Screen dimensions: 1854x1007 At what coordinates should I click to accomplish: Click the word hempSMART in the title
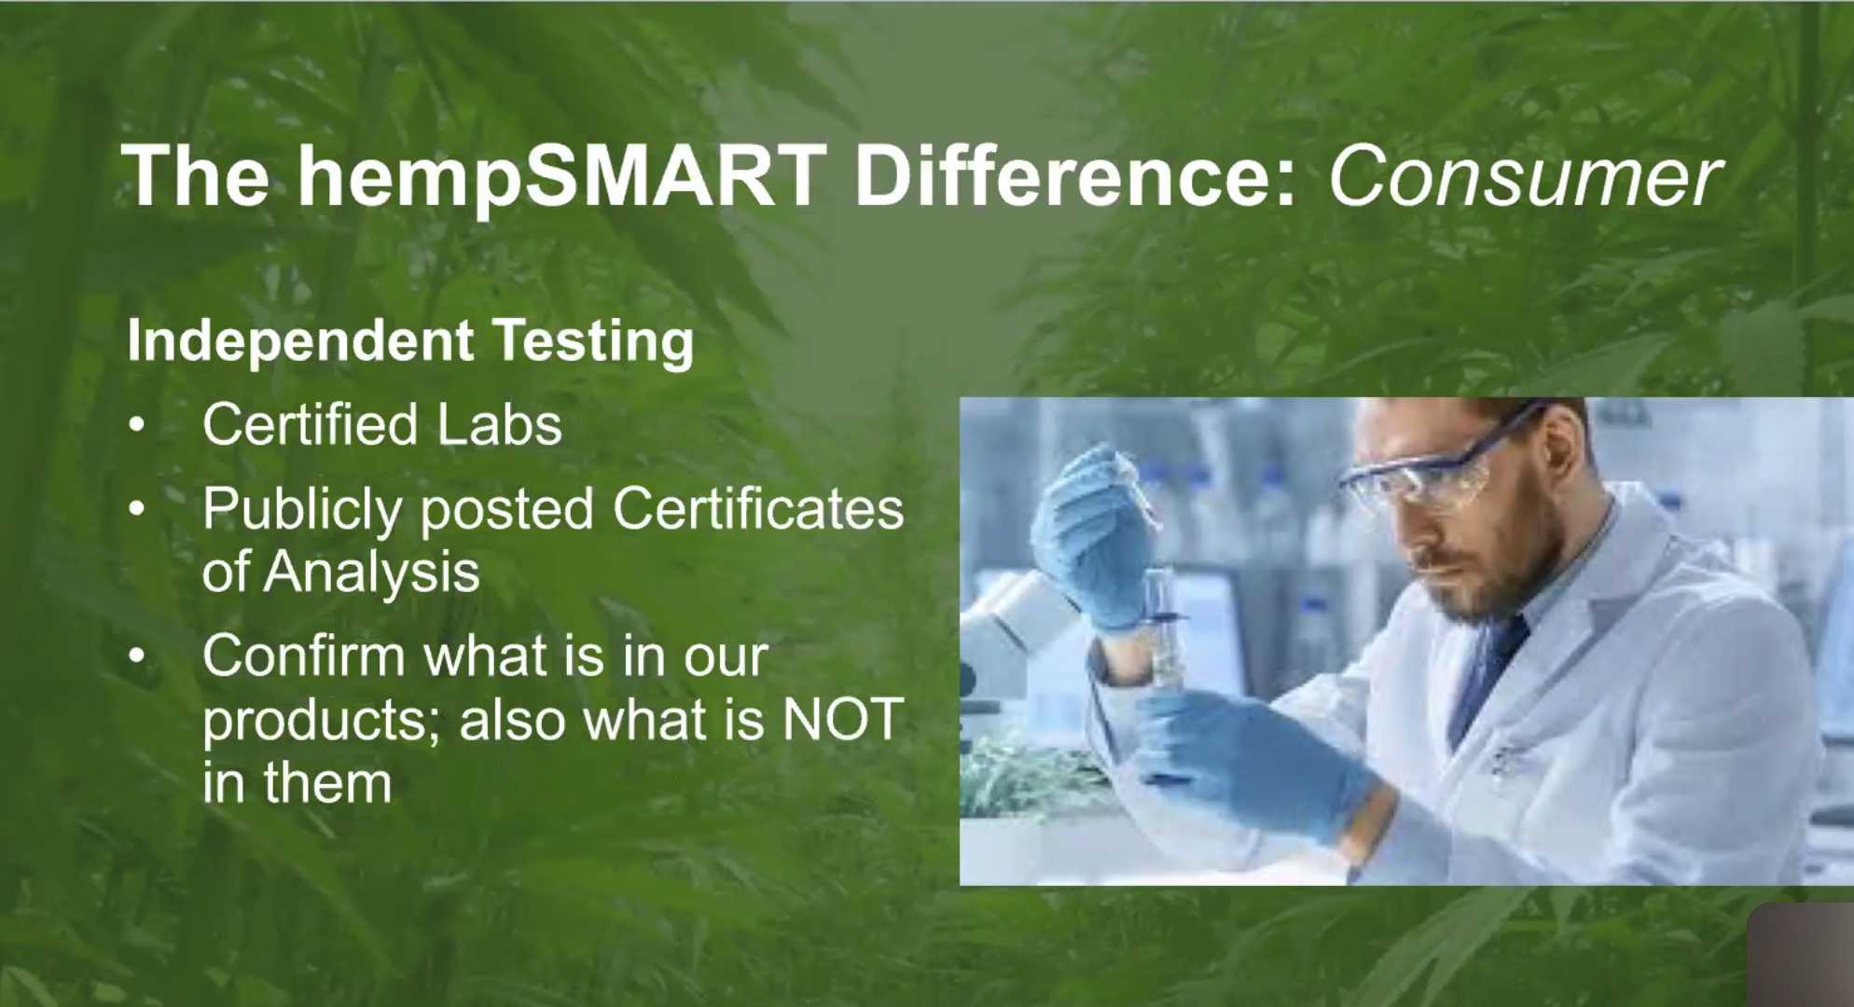tap(561, 178)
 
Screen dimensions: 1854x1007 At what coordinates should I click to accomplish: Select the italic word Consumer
tap(1524, 177)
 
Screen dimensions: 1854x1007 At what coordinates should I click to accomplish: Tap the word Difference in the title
tap(1075, 176)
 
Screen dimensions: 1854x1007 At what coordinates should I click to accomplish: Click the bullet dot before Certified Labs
tap(137, 426)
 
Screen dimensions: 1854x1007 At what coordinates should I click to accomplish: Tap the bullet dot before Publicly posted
tap(137, 510)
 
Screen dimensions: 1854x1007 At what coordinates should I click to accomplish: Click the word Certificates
tap(758, 509)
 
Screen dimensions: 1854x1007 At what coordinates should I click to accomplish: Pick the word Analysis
tap(372, 572)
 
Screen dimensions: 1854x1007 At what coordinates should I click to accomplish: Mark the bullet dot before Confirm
tap(137, 657)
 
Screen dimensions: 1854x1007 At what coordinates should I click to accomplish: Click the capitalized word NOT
tap(843, 719)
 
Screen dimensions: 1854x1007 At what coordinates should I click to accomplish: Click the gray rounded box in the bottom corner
tap(1800, 955)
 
